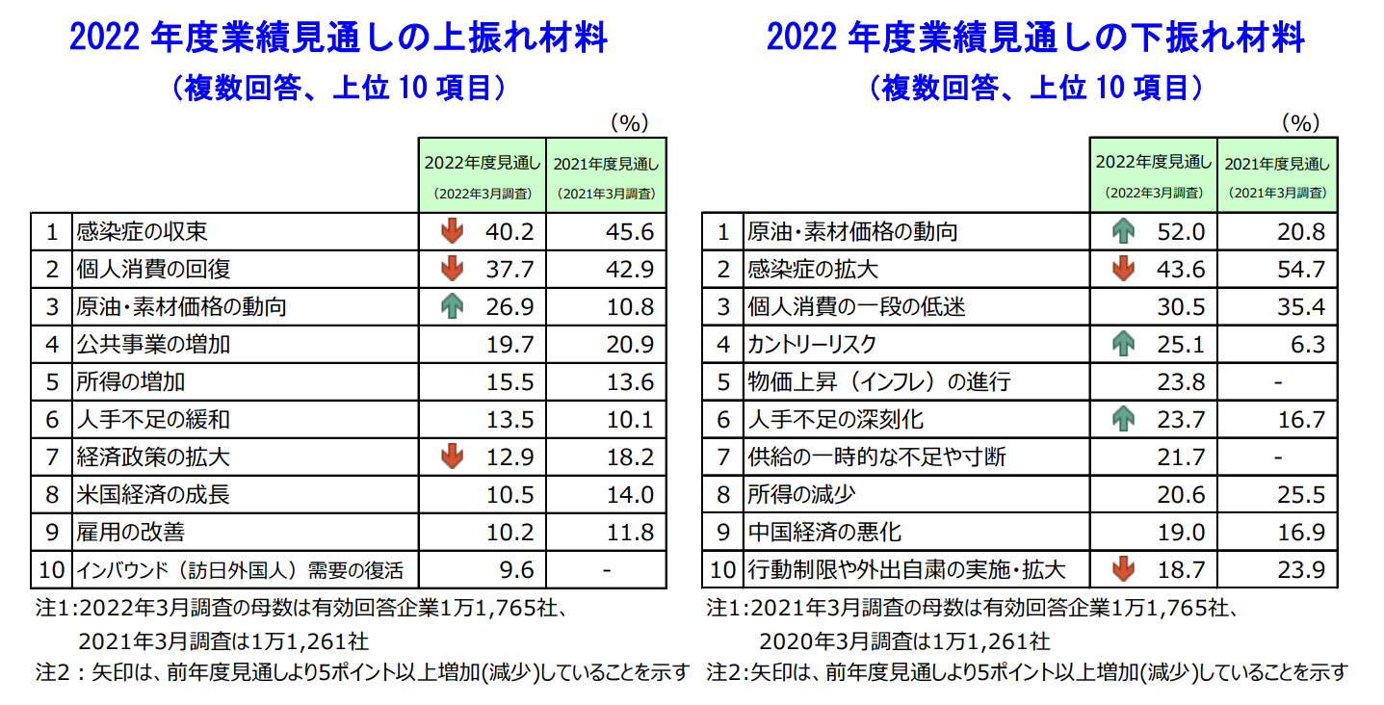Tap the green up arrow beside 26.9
tap(451, 306)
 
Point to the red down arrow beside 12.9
tap(451, 457)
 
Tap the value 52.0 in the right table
tap(1184, 232)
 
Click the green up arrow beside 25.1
tap(1122, 345)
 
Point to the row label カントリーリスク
tap(812, 345)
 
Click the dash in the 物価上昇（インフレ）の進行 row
tap(1278, 382)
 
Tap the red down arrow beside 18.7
tap(1122, 570)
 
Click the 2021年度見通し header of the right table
tap(1277, 174)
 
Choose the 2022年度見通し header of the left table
tap(482, 174)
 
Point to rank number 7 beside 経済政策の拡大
tap(52, 457)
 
